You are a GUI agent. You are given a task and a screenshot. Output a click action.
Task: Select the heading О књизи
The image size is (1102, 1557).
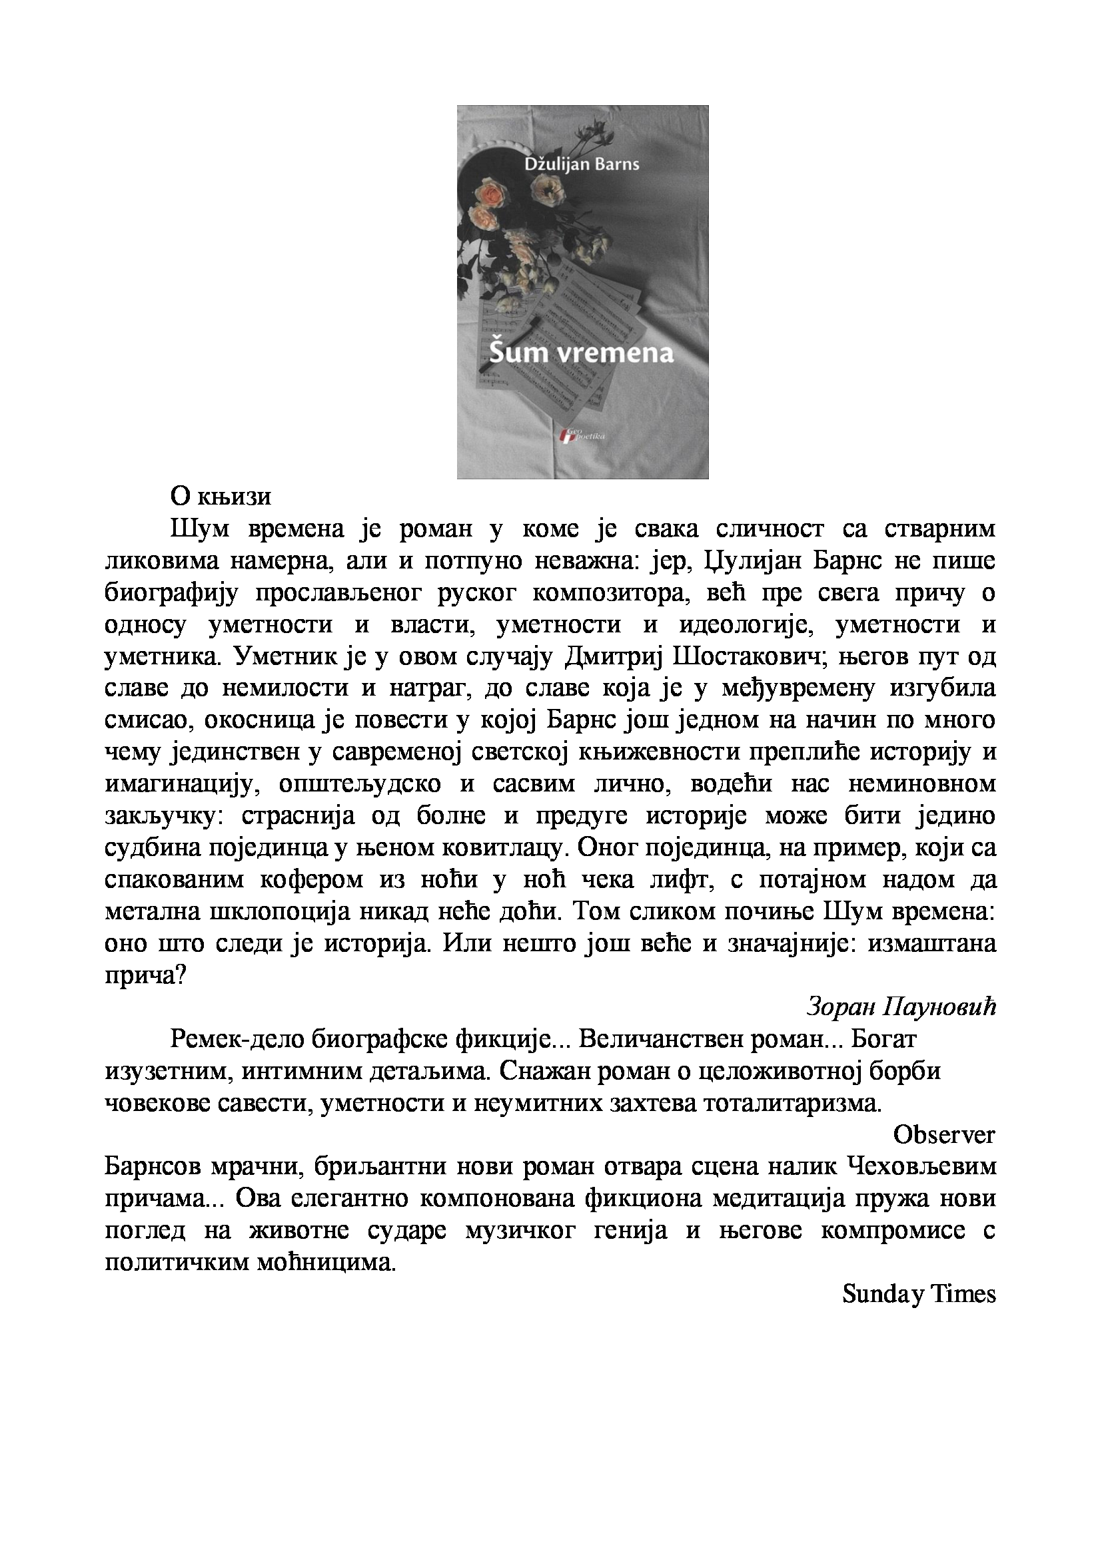[x=221, y=497]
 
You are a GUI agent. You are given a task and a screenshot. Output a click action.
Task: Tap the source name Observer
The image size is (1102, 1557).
[x=944, y=1134]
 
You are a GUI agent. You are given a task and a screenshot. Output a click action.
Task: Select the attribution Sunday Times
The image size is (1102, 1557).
[x=919, y=1294]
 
